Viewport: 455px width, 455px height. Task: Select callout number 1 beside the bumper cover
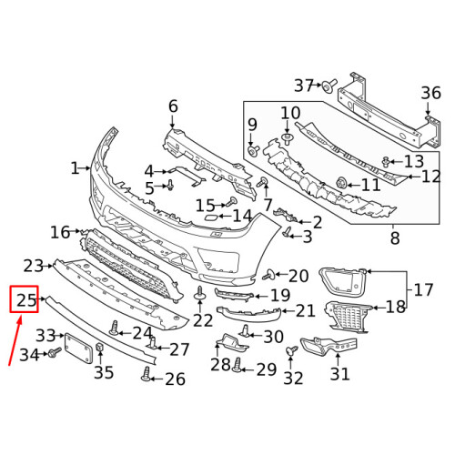tap(76, 168)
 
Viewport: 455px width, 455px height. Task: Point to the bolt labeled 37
tap(326, 86)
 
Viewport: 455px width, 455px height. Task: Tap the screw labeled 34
tap(54, 351)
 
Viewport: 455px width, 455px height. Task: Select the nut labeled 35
tap(100, 350)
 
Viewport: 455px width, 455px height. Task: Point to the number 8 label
tap(394, 239)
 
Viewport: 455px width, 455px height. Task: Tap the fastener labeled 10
tap(288, 137)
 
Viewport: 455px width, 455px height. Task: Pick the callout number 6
tap(173, 107)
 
